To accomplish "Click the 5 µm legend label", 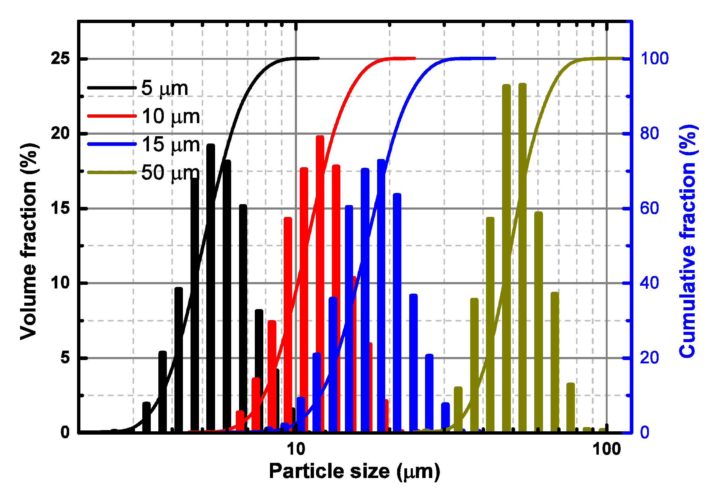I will (x=164, y=88).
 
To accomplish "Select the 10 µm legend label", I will (x=170, y=116).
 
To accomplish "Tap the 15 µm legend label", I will (x=170, y=145).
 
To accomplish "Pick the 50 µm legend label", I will (x=170, y=173).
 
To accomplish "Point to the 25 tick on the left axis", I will (x=60, y=58).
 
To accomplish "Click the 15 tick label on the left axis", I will (x=60, y=208).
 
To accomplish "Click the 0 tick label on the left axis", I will (x=65, y=432).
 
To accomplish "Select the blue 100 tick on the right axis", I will (x=654, y=58).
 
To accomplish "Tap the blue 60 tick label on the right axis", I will (x=649, y=208).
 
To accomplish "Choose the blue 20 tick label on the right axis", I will (x=649, y=358).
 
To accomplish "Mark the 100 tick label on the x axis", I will (x=606, y=449).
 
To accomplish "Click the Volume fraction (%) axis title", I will (x=29, y=242).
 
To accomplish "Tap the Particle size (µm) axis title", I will (x=354, y=471).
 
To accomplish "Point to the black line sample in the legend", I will (x=112, y=88).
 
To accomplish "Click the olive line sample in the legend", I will (x=112, y=173).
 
